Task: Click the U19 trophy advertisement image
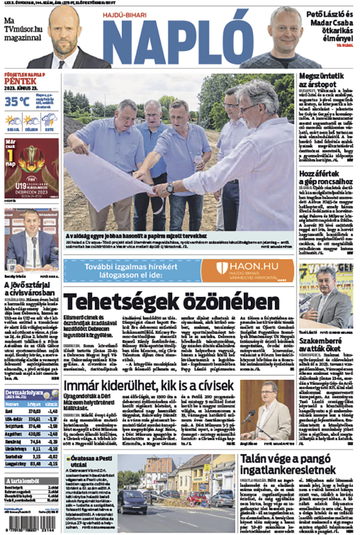31,169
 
